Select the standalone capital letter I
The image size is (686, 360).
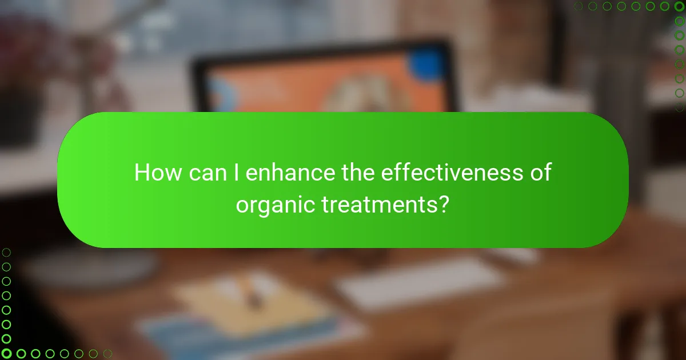coord(237,172)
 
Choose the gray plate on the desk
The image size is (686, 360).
coord(91,269)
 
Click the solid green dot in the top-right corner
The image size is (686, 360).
coord(680,6)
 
